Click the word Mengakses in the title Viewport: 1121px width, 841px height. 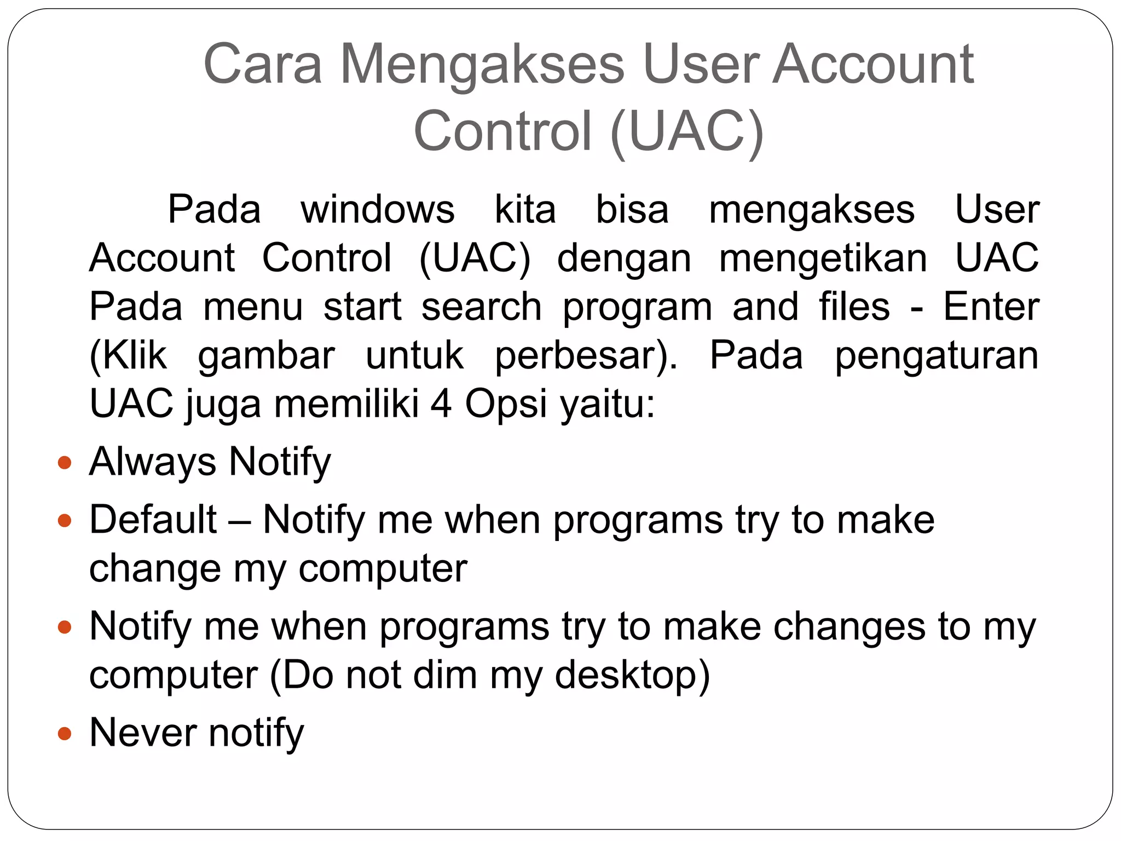[482, 65]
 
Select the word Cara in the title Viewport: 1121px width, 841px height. [262, 65]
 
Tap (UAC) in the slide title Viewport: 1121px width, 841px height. [686, 131]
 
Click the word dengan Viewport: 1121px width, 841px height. [624, 258]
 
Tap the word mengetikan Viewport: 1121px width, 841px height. [823, 258]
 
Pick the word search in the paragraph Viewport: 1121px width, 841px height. [481, 307]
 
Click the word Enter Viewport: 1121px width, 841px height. [991, 307]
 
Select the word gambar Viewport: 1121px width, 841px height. [266, 356]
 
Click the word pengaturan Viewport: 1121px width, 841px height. [936, 356]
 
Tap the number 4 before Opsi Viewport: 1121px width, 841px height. [441, 404]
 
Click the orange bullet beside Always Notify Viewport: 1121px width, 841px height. [65, 463]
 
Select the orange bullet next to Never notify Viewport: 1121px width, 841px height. [65, 733]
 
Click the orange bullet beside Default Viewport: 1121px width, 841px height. [65, 520]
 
